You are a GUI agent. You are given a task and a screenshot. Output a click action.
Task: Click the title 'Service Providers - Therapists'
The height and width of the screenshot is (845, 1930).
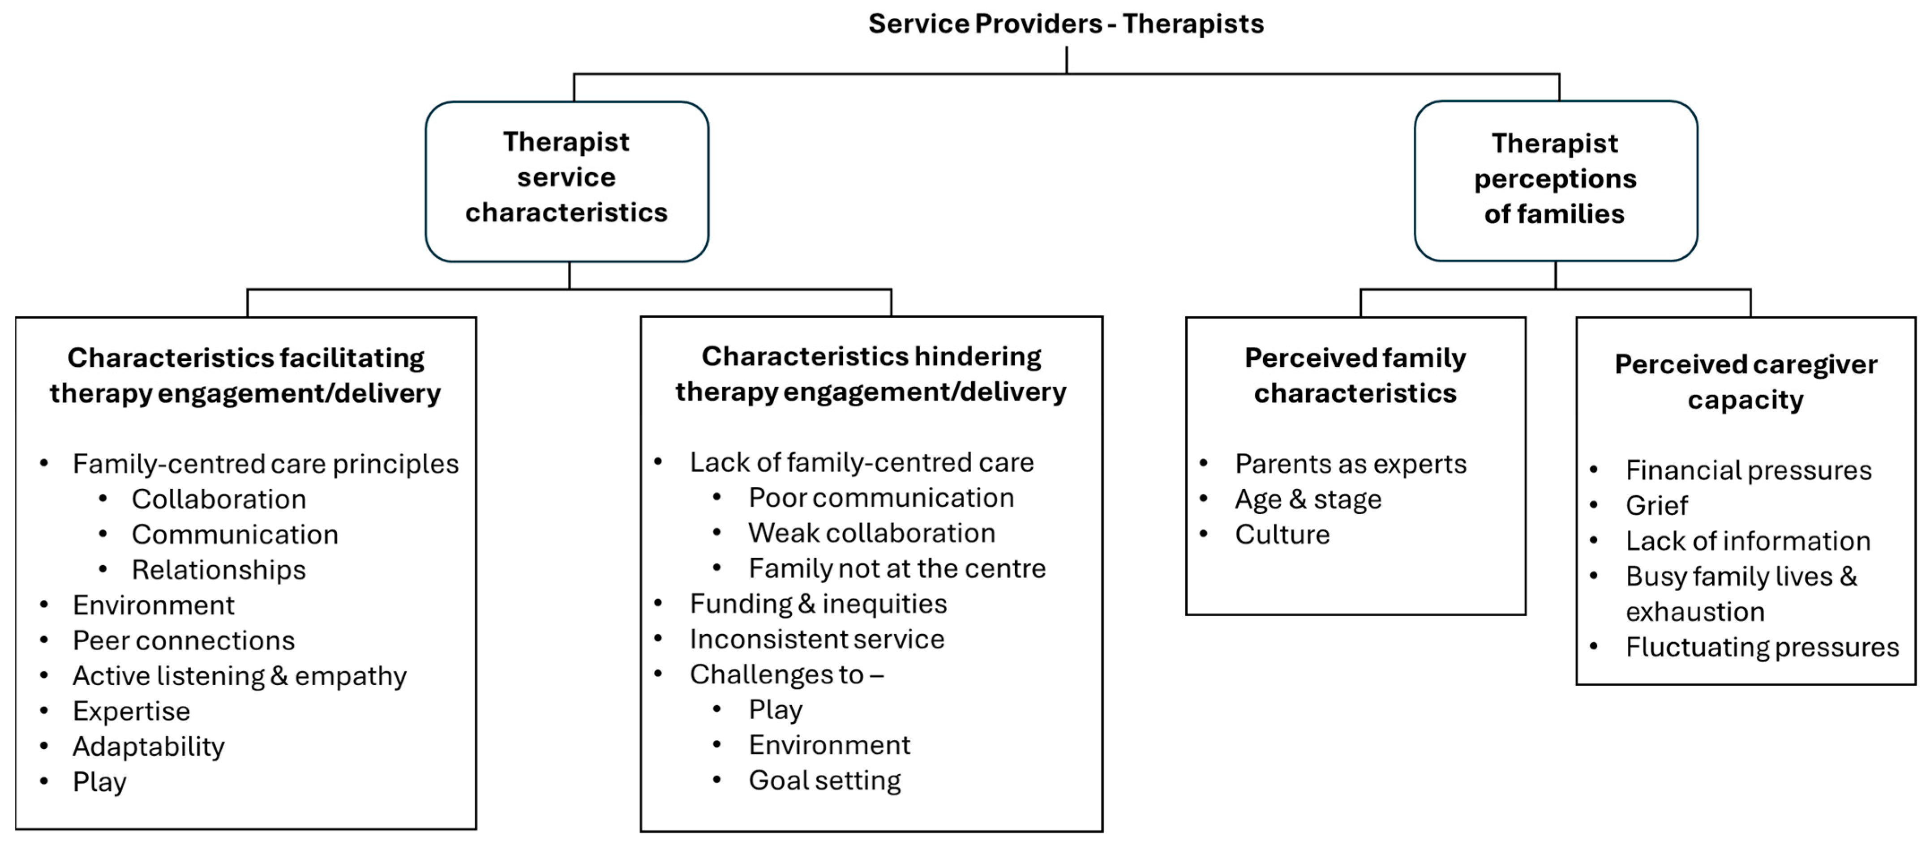pyautogui.click(x=1065, y=24)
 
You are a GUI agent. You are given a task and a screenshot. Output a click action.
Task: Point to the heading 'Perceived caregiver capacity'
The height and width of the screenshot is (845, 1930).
pyautogui.click(x=1745, y=382)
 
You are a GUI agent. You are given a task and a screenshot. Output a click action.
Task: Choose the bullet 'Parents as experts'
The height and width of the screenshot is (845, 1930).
pyautogui.click(x=1350, y=464)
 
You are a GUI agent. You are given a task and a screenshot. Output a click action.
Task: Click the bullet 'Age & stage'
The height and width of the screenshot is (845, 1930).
pyautogui.click(x=1308, y=499)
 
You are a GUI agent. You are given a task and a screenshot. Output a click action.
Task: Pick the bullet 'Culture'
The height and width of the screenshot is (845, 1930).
pyautogui.click(x=1282, y=534)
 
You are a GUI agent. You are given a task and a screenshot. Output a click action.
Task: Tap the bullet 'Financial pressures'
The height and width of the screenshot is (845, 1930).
pyautogui.click(x=1748, y=470)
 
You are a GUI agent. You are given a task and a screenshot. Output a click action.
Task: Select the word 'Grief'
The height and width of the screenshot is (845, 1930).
pyautogui.click(x=1656, y=506)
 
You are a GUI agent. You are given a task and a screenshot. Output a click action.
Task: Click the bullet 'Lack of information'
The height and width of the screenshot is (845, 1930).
pyautogui.click(x=1747, y=541)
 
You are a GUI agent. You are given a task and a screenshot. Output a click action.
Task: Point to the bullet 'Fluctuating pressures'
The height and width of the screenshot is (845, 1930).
pyautogui.click(x=1762, y=646)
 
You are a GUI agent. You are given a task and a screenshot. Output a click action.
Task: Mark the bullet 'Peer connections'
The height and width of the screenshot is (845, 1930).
pyautogui.click(x=184, y=640)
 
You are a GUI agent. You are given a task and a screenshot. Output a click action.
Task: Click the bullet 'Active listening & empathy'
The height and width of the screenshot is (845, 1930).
pyautogui.click(x=239, y=676)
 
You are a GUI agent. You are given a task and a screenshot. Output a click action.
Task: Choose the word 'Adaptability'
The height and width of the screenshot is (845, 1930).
pyautogui.click(x=148, y=746)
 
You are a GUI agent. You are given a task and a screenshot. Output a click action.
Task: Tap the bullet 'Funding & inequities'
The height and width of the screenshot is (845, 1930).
pyautogui.click(x=818, y=604)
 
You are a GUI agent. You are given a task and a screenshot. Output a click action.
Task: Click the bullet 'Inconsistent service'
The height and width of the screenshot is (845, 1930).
pyautogui.click(x=817, y=639)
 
